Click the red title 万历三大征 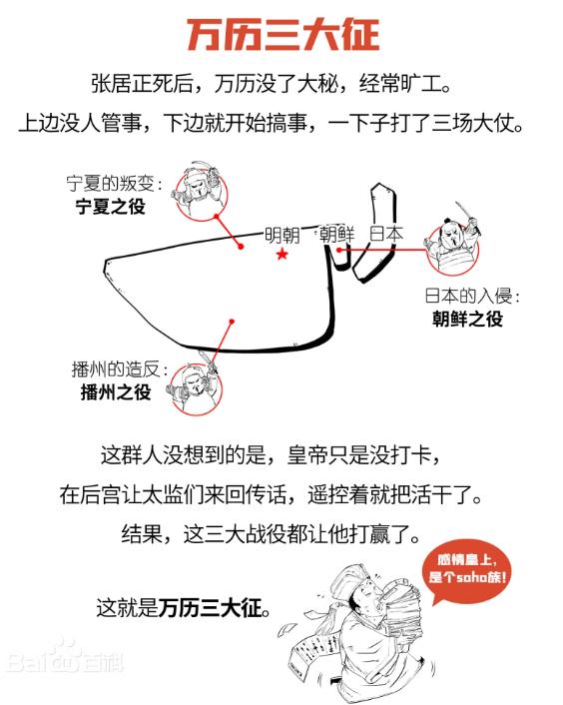282,35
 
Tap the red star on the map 281,255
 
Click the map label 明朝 281,235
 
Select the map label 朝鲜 337,234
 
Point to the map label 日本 386,234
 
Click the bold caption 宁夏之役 111,207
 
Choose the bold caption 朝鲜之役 467,319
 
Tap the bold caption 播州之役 116,391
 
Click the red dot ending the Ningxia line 241,247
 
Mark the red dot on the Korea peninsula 339,250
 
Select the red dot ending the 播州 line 232,322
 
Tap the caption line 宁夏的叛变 114,183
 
